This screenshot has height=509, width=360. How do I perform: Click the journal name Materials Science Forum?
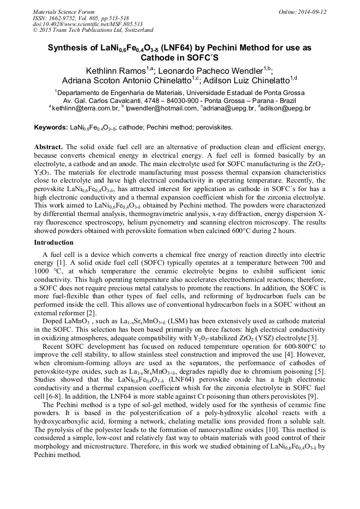click(64, 12)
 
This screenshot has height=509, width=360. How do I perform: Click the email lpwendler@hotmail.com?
click(161, 108)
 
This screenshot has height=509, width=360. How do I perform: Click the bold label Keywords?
click(51, 128)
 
